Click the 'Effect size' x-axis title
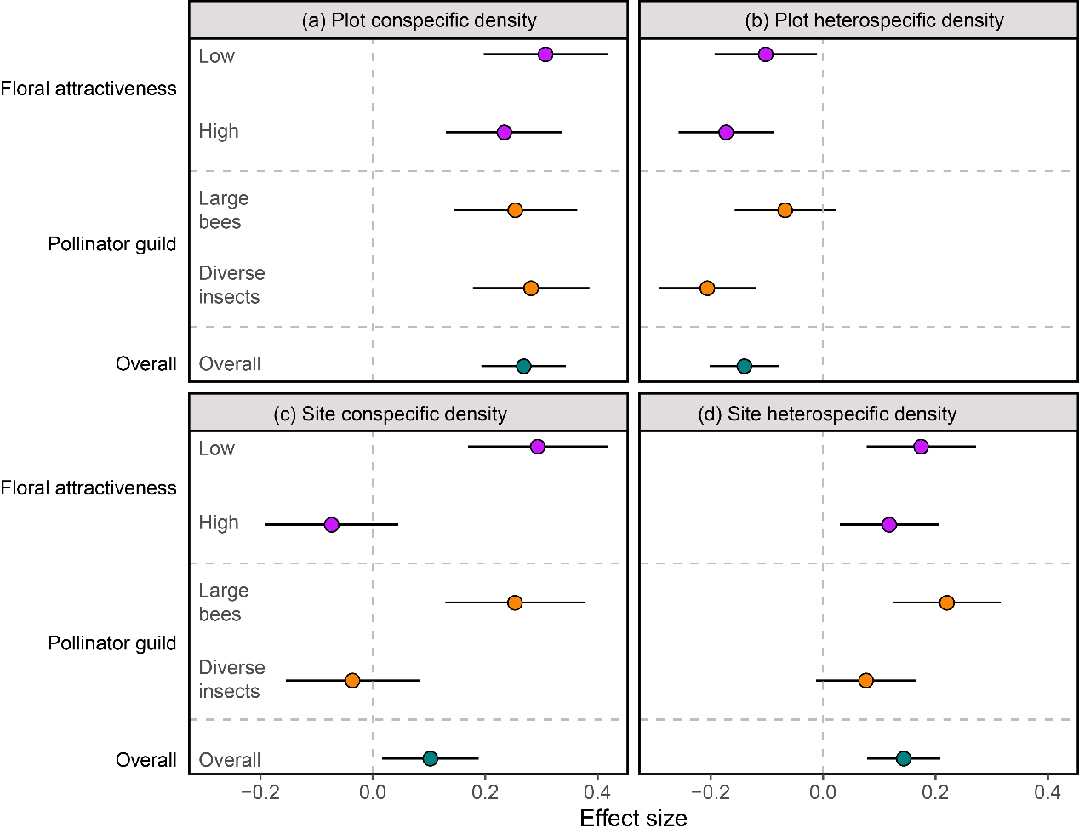[633, 819]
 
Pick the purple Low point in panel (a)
[545, 54]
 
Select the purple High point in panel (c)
[332, 525]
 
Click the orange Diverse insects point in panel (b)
[707, 288]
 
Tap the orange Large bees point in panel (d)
[946, 603]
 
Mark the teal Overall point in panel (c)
[431, 758]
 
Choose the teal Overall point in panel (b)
[745, 366]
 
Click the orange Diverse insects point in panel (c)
[352, 681]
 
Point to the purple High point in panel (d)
[889, 525]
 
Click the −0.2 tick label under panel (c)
[260, 792]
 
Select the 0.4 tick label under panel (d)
[1048, 792]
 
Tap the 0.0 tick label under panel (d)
[823, 792]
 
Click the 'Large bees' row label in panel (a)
[223, 210]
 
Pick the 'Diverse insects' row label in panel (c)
[231, 679]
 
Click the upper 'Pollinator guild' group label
[112, 245]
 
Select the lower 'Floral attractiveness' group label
[88, 488]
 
